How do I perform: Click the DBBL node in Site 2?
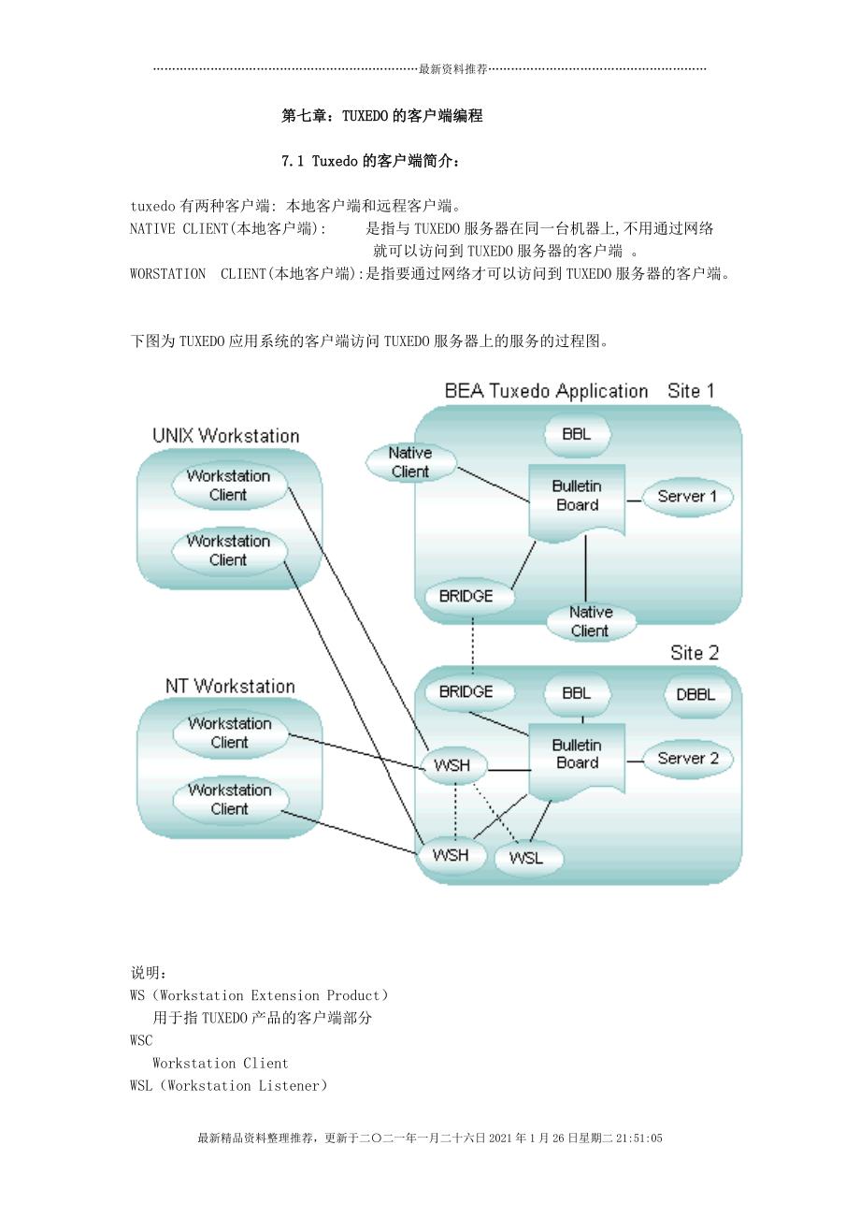[x=695, y=695]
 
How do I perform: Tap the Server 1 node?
[x=686, y=497]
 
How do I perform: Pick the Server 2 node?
[x=687, y=759]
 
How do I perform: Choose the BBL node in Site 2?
[x=576, y=694]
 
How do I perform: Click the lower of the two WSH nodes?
[x=451, y=854]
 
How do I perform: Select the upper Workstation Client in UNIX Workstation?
[x=228, y=486]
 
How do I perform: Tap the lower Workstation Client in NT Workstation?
[x=229, y=800]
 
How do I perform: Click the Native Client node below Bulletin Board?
[x=590, y=621]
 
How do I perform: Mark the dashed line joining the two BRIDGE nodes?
[x=473, y=645]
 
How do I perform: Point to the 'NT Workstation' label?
[x=230, y=686]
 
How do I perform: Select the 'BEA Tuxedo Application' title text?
[x=546, y=391]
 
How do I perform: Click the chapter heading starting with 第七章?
[x=381, y=116]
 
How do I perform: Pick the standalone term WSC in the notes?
[x=141, y=1040]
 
